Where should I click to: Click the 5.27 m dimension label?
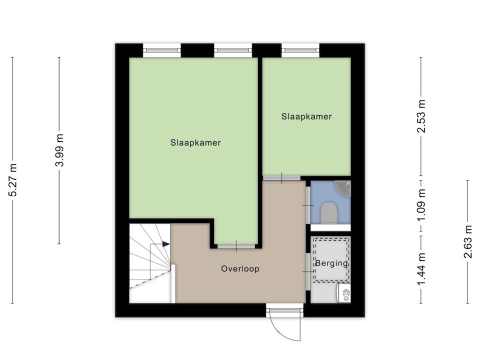point(13,180)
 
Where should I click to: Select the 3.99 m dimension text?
point(59,150)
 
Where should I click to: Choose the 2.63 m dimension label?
point(468,241)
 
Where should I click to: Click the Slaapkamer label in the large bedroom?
point(195,142)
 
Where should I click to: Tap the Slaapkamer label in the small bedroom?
point(306,116)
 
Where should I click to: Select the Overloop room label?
point(240,269)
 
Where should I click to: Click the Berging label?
point(331,263)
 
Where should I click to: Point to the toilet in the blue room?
point(329,212)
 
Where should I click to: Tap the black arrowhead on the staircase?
point(166,244)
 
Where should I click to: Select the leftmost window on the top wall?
point(162,50)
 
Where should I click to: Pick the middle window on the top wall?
point(233,50)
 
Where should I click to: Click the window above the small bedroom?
point(300,50)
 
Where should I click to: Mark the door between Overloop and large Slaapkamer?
point(236,246)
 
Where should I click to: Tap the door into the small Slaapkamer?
point(282,178)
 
